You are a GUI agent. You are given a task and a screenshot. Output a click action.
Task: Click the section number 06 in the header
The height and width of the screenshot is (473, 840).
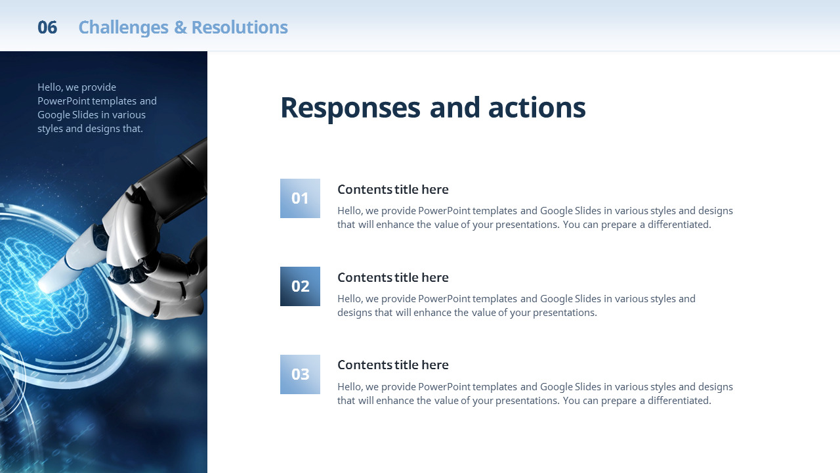point(47,28)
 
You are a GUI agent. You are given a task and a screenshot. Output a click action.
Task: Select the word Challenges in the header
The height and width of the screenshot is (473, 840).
point(123,28)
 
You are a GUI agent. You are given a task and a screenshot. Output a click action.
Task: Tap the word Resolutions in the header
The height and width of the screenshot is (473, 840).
point(240,28)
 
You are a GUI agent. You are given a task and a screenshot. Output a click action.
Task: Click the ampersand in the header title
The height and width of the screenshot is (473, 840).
point(180,28)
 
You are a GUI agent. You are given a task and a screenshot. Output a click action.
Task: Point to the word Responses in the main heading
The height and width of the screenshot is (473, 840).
point(350,108)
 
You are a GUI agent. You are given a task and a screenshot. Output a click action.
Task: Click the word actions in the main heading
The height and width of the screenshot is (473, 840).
point(537,107)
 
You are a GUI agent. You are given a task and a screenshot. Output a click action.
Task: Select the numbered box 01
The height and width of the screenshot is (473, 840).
point(300,198)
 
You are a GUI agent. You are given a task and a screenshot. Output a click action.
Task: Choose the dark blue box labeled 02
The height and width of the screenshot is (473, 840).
point(300,286)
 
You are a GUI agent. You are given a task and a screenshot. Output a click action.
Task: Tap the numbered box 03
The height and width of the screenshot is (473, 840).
point(300,374)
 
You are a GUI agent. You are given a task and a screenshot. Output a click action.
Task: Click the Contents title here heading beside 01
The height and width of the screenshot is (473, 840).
point(393,190)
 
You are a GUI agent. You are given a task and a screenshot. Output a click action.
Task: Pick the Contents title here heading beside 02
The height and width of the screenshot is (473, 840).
point(393,277)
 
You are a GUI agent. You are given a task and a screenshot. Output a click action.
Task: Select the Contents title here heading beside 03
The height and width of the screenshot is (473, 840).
point(393,365)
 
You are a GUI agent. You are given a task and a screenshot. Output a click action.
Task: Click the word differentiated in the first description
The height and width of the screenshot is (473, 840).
point(679,225)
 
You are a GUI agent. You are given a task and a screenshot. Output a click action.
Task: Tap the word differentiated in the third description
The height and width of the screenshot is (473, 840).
point(679,401)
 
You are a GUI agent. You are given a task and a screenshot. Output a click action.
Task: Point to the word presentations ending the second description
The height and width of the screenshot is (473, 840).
point(565,313)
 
